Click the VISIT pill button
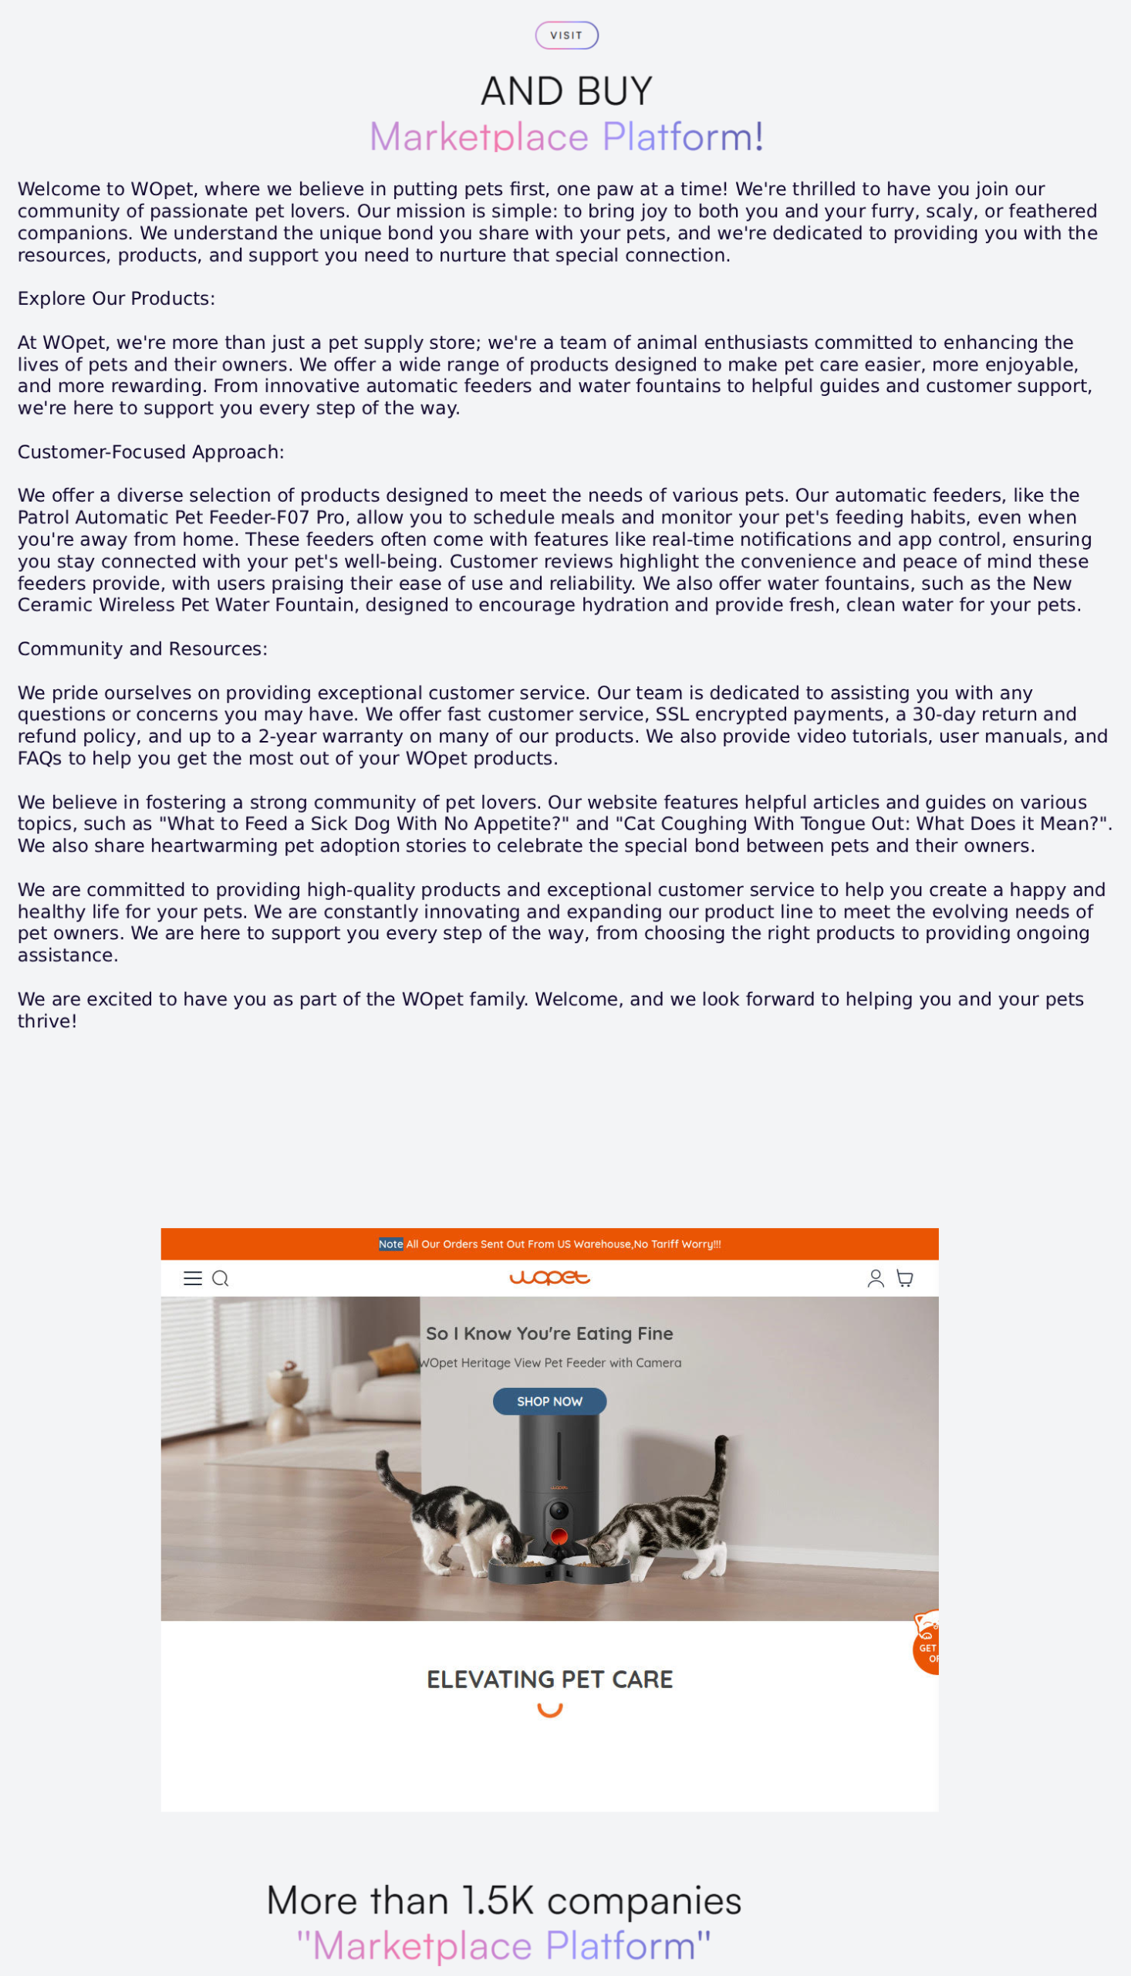(x=566, y=36)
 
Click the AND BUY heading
(x=566, y=91)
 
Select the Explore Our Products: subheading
(x=116, y=299)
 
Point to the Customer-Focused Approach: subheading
(x=150, y=452)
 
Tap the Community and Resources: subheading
(x=142, y=649)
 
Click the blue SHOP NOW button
(x=549, y=1401)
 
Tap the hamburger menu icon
(x=193, y=1278)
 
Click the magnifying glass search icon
(x=221, y=1278)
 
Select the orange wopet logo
(x=549, y=1277)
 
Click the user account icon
(x=876, y=1278)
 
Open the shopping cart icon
(x=904, y=1278)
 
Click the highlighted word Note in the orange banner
(x=390, y=1244)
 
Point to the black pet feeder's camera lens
(x=559, y=1511)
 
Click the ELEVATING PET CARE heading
(x=549, y=1680)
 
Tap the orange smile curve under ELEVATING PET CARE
(x=549, y=1710)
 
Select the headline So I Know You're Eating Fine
(x=549, y=1333)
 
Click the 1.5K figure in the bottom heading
(x=498, y=1900)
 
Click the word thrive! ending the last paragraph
(x=47, y=1021)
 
